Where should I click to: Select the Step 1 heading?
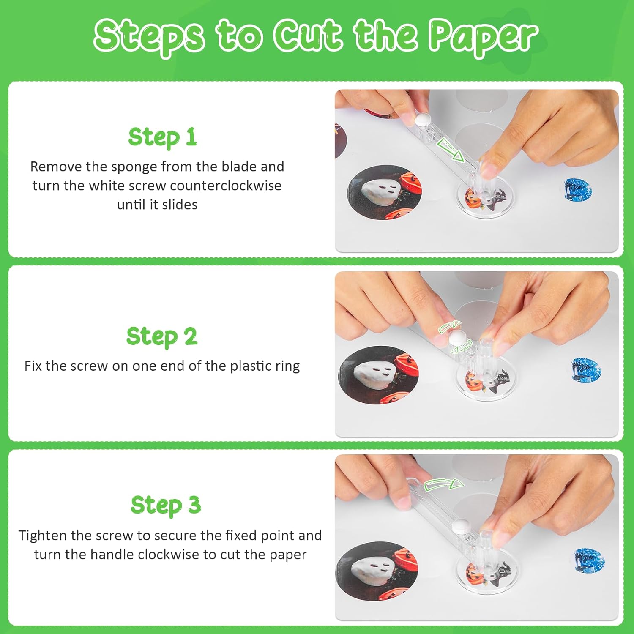163,137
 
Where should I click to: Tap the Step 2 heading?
162,337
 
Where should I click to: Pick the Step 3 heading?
166,506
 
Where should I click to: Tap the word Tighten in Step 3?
42,536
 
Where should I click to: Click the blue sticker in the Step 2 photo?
587,370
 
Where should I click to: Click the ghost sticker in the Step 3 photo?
377,571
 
